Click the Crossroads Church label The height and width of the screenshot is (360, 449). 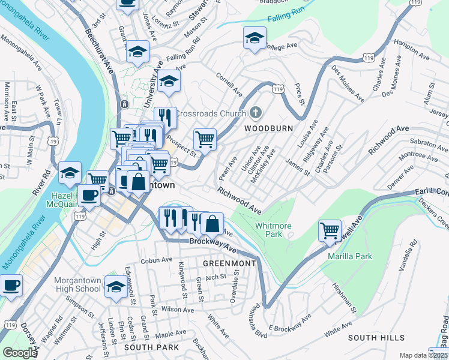click(210, 113)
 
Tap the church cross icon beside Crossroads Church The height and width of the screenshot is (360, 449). click(256, 112)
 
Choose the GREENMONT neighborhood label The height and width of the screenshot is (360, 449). click(229, 263)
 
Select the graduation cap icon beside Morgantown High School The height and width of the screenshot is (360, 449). click(115, 287)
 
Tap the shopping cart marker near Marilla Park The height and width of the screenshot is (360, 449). click(330, 230)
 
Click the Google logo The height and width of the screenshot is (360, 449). click(20, 352)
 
